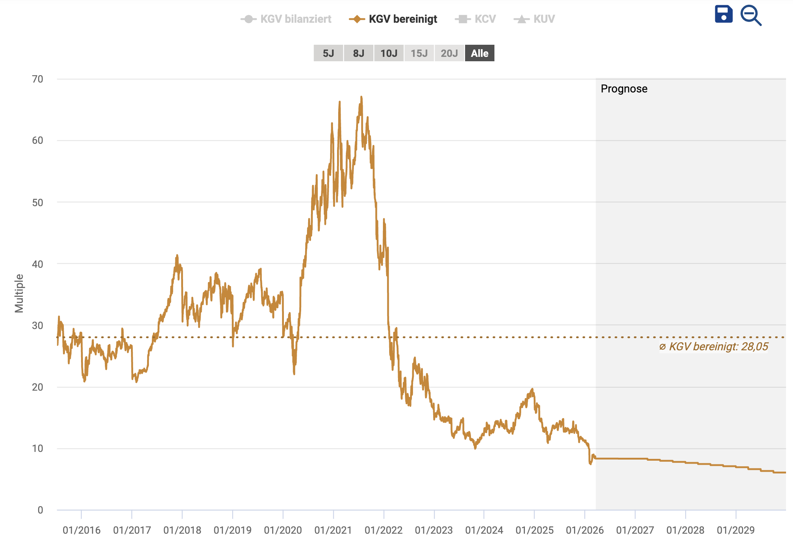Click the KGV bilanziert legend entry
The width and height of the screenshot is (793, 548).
(x=286, y=19)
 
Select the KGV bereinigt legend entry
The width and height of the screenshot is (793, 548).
(x=393, y=19)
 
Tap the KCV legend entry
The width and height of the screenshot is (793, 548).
(x=476, y=19)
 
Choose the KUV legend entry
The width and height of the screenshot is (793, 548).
(x=535, y=19)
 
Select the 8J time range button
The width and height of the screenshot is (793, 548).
(x=358, y=53)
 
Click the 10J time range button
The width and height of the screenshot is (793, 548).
(x=389, y=53)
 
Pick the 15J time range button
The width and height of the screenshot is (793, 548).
(x=419, y=53)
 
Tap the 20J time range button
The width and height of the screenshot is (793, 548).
(x=449, y=53)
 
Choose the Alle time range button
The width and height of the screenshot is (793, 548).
(x=479, y=53)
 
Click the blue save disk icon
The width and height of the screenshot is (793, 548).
(x=723, y=15)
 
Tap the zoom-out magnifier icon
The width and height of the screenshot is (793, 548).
(x=750, y=15)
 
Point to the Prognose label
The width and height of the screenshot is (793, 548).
(x=624, y=89)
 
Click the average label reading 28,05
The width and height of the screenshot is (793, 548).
(x=713, y=347)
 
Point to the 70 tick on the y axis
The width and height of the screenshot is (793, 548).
(x=37, y=79)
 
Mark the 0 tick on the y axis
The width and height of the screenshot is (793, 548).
(x=40, y=510)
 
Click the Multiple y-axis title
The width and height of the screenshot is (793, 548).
(x=19, y=293)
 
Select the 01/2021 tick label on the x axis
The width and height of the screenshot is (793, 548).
(x=333, y=530)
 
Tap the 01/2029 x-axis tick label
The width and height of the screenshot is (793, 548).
(x=735, y=530)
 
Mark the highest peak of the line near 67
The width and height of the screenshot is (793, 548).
(x=361, y=97)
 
